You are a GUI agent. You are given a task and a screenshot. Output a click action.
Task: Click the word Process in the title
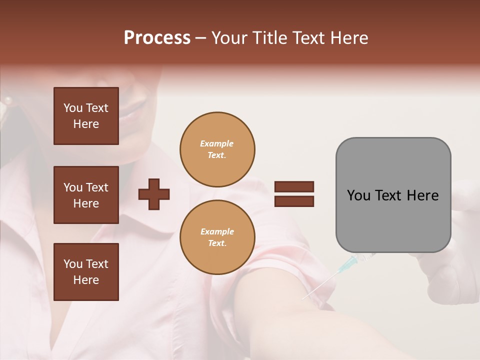pos(157,38)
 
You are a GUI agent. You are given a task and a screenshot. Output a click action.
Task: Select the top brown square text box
pos(86,116)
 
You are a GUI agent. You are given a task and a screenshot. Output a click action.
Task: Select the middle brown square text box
pos(86,195)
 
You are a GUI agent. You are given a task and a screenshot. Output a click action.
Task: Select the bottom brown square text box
pos(86,271)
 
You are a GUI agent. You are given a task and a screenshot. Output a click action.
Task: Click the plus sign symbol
pos(154,193)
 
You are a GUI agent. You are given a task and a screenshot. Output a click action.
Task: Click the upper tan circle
pos(217,149)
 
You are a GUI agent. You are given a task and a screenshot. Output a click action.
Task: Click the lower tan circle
pos(217,237)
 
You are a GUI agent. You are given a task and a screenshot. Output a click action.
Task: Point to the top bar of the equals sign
pos(294,186)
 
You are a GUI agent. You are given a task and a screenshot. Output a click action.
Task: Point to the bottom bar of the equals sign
pos(294,201)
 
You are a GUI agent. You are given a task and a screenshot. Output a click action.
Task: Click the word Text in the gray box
pos(389,195)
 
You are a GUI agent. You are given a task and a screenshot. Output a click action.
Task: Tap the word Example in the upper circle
pos(217,143)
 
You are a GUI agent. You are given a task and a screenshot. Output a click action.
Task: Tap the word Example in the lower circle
pos(217,231)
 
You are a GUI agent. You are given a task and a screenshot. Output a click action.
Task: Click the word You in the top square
pos(73,108)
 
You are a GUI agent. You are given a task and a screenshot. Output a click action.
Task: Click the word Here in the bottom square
pos(86,280)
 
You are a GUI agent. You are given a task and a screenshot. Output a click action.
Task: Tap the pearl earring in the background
pos(8,100)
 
